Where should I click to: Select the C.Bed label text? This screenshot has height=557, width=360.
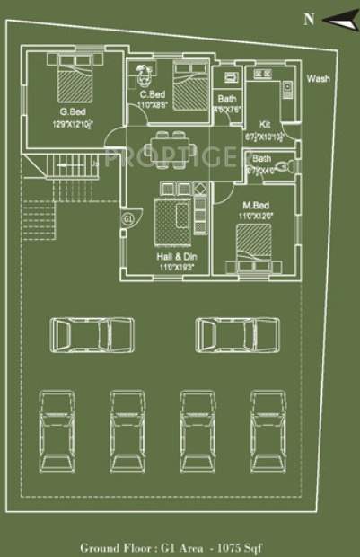151,94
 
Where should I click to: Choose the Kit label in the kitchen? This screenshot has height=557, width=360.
265,125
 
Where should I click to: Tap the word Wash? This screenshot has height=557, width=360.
318,78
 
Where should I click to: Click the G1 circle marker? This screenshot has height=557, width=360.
127,218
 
